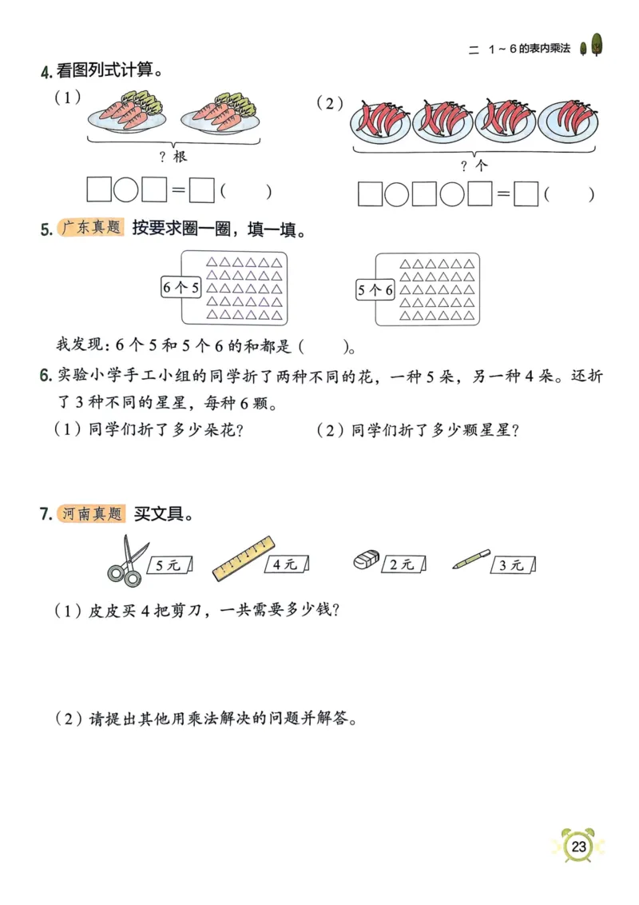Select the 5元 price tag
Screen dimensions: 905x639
click(x=169, y=564)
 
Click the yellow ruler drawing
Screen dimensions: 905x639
click(x=243, y=556)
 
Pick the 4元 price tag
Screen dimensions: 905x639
click(x=286, y=564)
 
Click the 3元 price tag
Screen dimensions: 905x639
click(x=512, y=564)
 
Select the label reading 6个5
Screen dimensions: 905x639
click(x=181, y=288)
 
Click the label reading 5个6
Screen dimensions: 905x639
click(x=375, y=290)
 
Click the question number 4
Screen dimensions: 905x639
click(x=46, y=72)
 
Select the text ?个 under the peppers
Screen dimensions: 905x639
click(x=474, y=165)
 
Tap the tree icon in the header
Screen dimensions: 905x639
click(x=591, y=47)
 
